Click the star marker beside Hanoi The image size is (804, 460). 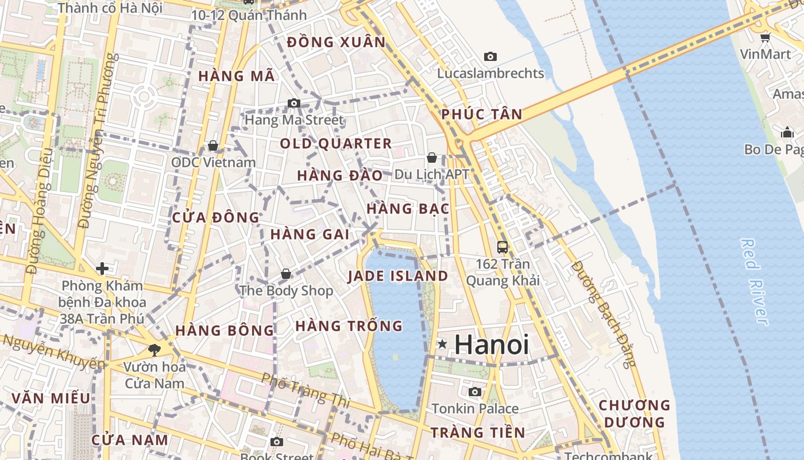[x=442, y=344]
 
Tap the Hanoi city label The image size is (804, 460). [x=492, y=344]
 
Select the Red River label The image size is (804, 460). [x=754, y=282]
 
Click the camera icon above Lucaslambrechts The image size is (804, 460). [x=490, y=56]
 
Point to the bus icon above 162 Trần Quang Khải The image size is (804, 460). [x=502, y=247]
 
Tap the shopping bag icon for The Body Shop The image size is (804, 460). [x=286, y=274]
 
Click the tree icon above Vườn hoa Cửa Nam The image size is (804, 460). [x=154, y=350]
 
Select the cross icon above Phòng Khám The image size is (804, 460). [x=102, y=268]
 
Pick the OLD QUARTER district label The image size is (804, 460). [x=336, y=144]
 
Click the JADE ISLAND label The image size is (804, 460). [x=398, y=276]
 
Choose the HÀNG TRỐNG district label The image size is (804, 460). [x=349, y=326]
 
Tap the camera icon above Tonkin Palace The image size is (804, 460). [x=474, y=392]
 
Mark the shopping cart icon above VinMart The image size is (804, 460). [x=765, y=38]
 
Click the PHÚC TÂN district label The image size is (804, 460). [x=482, y=114]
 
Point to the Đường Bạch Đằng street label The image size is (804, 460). [x=605, y=313]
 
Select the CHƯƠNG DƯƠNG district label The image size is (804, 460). [x=635, y=413]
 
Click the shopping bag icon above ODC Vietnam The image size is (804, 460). [x=213, y=145]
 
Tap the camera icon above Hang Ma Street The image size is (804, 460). [x=294, y=103]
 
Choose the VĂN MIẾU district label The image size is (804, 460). [x=51, y=398]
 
